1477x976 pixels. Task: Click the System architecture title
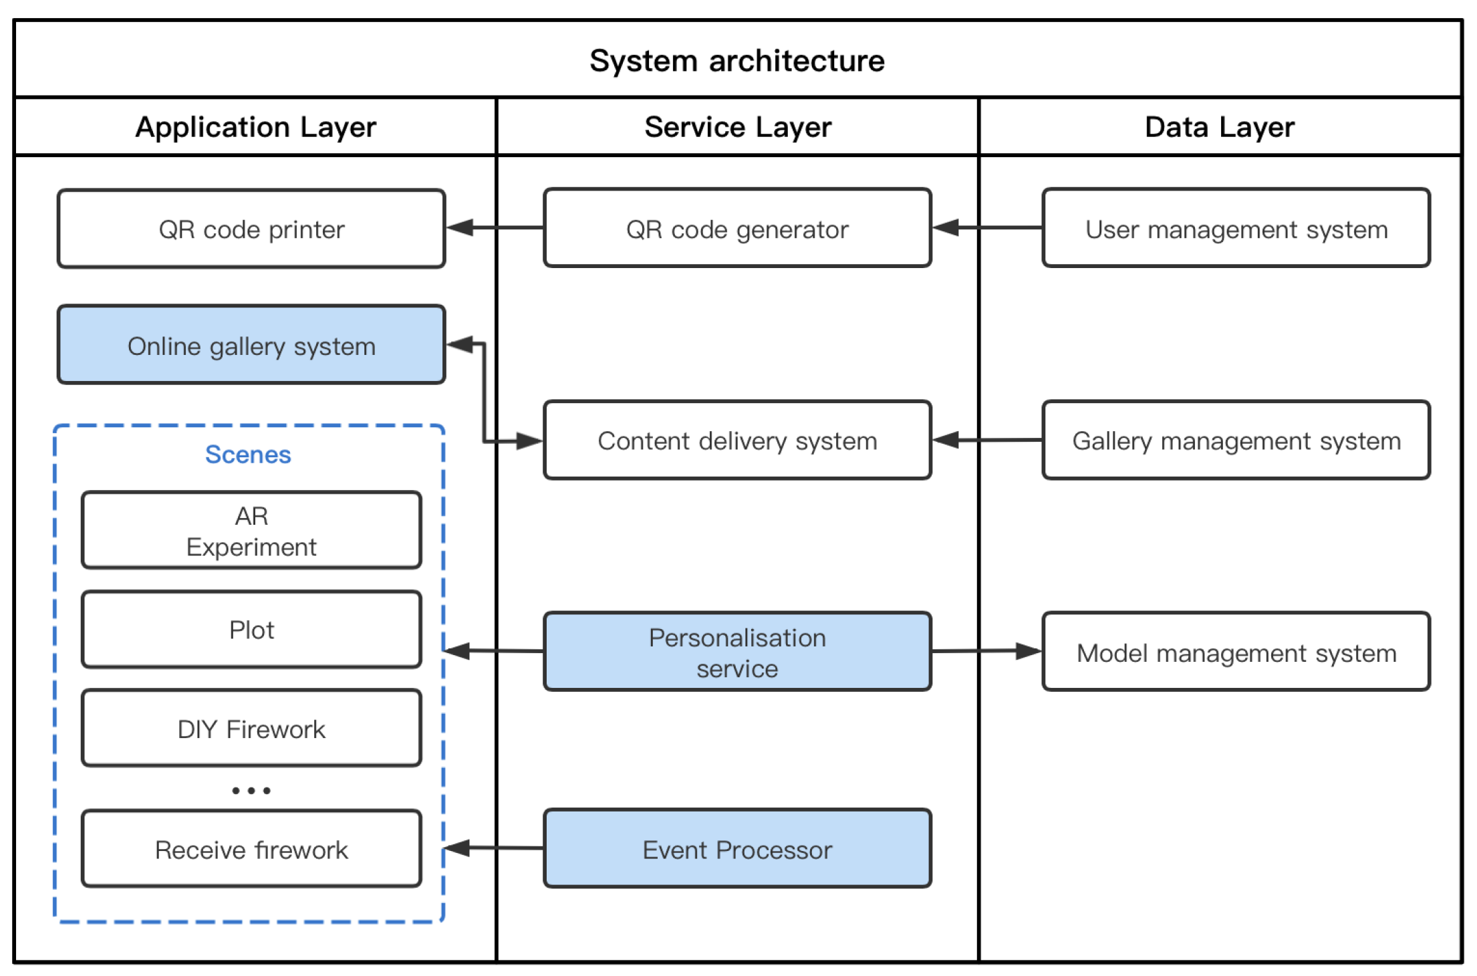(x=737, y=61)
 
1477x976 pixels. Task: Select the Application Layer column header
(x=255, y=127)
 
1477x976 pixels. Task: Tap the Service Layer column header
(x=738, y=127)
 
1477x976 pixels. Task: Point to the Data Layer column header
(x=1220, y=127)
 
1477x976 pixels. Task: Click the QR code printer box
(x=251, y=229)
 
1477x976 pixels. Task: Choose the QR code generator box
(x=737, y=229)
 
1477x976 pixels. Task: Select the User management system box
(x=1236, y=229)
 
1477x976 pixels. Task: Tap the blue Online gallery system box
(x=251, y=346)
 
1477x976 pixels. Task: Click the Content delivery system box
(x=737, y=441)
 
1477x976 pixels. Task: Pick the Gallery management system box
(x=1236, y=441)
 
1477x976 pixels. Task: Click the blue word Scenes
(x=248, y=455)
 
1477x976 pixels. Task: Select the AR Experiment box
(x=251, y=531)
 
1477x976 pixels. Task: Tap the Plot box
(x=251, y=630)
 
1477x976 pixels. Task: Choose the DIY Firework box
(x=251, y=729)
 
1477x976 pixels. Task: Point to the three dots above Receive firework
(x=251, y=791)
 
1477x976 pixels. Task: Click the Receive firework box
(x=251, y=850)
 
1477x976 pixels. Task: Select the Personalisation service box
(x=737, y=652)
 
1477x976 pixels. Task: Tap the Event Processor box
(x=737, y=850)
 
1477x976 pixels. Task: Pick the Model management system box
(x=1236, y=652)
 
